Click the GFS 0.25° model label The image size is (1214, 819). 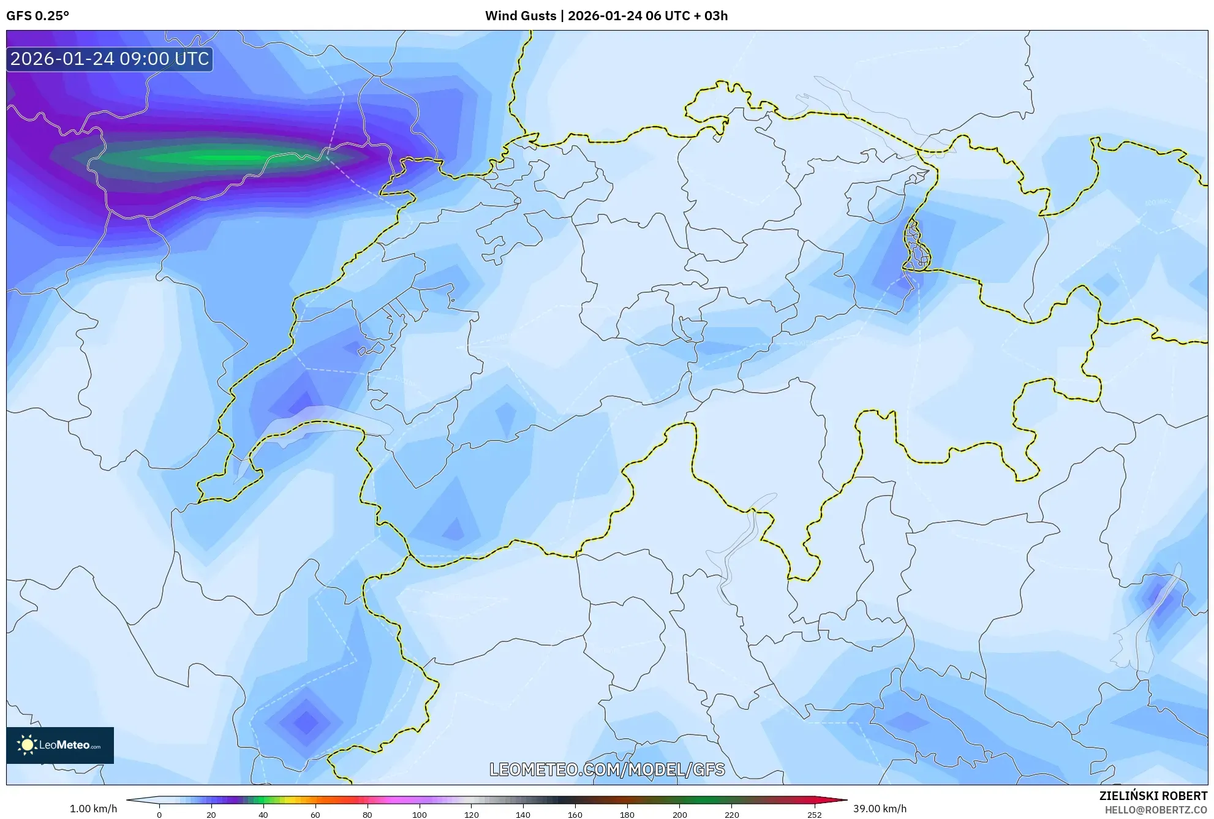tap(37, 16)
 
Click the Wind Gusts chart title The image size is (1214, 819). tap(606, 16)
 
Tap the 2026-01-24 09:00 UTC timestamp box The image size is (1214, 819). tap(110, 59)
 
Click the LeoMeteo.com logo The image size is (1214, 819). tap(60, 745)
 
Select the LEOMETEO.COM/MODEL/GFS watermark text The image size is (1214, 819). tap(606, 769)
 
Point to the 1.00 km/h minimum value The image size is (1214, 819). tap(93, 809)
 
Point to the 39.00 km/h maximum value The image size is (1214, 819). tap(880, 809)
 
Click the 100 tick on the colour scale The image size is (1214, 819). tap(419, 815)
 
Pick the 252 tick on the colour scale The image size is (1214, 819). tap(814, 815)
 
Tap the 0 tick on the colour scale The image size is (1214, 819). tap(159, 815)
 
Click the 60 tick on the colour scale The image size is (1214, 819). tap(315, 815)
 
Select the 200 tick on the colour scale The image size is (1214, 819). tap(679, 815)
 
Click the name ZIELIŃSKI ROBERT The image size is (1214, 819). tap(1153, 796)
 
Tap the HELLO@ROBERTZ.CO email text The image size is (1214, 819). tap(1155, 810)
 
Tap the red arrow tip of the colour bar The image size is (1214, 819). tap(844, 800)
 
